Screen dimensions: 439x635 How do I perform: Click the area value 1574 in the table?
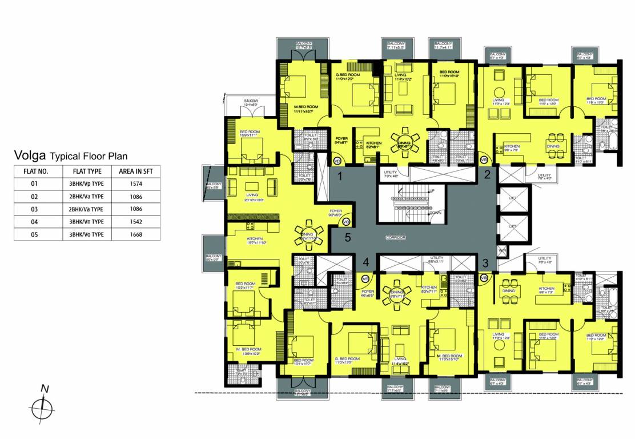(136, 183)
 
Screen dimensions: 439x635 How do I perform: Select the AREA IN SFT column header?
(136, 171)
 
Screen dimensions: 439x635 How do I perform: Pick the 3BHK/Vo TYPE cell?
(87, 234)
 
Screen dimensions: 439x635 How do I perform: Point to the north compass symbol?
(42, 407)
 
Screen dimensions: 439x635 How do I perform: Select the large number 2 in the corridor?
(487, 175)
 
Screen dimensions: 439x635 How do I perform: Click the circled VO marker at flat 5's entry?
(346, 222)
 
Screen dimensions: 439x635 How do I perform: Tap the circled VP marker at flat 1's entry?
(337, 161)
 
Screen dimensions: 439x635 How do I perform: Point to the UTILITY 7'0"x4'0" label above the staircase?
(391, 174)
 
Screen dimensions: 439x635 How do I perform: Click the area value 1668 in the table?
(136, 234)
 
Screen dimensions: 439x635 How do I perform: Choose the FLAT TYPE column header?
(87, 171)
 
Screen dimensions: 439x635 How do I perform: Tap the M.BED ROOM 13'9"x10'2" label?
(249, 351)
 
